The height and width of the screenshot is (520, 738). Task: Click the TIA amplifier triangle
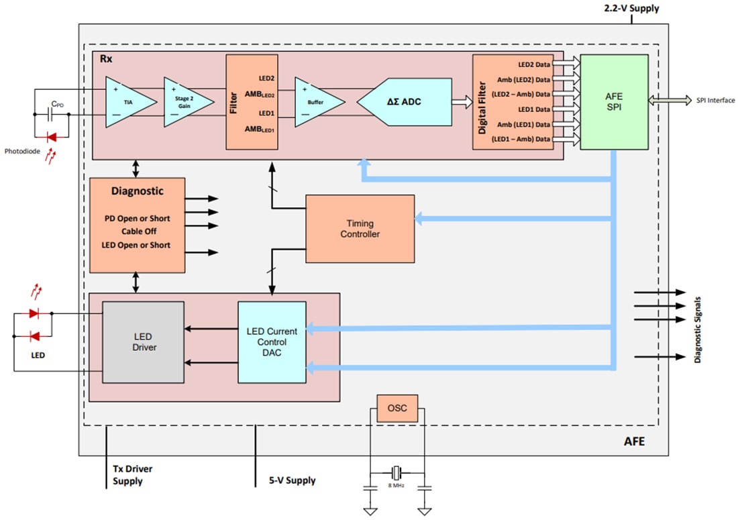point(127,101)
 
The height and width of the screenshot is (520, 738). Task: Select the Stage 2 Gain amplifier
point(185,101)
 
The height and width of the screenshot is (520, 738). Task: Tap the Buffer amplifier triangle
point(316,101)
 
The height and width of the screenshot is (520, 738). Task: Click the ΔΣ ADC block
point(404,101)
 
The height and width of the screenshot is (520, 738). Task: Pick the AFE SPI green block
point(614,102)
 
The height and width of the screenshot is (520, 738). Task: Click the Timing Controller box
point(360,229)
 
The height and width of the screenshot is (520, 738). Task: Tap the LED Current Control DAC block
point(272,342)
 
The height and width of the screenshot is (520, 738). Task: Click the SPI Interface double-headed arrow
point(670,101)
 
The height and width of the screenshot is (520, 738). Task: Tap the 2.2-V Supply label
point(631,9)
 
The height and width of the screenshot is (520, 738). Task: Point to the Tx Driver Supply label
point(132,475)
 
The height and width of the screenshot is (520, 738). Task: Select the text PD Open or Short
point(137,218)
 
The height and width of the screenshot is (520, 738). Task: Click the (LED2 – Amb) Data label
point(521,94)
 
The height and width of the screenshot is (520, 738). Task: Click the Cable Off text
point(137,231)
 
